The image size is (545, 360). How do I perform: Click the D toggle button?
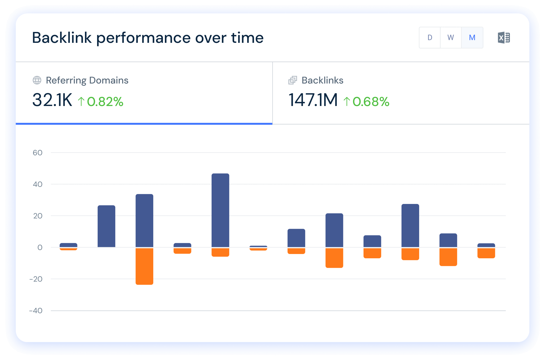[430, 38]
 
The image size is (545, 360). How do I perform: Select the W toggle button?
[451, 38]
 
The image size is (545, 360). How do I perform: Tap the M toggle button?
[472, 38]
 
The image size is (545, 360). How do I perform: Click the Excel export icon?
[504, 38]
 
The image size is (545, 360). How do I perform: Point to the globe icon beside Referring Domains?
[37, 80]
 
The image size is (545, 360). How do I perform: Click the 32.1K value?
[52, 100]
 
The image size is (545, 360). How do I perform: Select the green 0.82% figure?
[105, 102]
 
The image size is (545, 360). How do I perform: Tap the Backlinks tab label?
[322, 80]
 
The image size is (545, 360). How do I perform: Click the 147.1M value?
[313, 100]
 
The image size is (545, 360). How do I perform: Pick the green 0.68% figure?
[371, 102]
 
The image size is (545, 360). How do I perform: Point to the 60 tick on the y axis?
[38, 153]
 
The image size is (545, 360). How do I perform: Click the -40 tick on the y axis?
[36, 310]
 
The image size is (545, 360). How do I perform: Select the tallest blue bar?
[220, 210]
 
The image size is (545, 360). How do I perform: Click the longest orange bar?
[144, 266]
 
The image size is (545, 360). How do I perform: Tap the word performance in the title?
[143, 38]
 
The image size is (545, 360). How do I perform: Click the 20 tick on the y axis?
[38, 216]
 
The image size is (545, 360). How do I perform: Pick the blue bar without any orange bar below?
[106, 226]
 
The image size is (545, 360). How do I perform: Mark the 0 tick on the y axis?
[40, 247]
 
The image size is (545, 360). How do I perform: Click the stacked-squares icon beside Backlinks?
[292, 80]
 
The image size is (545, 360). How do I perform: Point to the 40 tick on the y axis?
[38, 184]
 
